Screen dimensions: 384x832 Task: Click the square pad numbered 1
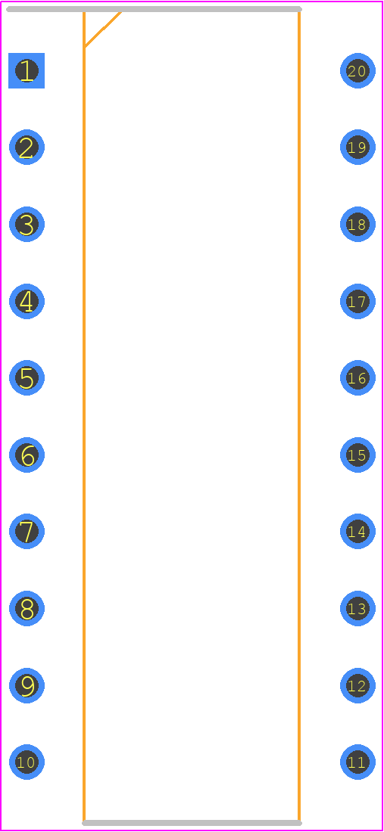(27, 70)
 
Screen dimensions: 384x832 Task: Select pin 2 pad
(27, 147)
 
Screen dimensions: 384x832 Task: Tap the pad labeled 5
(27, 377)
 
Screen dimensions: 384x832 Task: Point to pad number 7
(27, 531)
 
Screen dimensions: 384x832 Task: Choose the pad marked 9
(27, 685)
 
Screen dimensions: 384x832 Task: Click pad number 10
(27, 762)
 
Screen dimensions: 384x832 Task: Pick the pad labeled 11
(357, 762)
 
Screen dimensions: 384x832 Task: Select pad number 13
(357, 608)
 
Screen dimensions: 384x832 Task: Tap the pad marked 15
(357, 455)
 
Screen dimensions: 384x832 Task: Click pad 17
(357, 301)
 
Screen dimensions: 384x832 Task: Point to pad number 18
(357, 224)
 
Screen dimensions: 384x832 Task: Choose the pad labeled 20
(357, 70)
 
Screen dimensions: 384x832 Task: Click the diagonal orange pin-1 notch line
(103, 29)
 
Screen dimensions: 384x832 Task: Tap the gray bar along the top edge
(154, 9)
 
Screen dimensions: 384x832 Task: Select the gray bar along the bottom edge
(192, 823)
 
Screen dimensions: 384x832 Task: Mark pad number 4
(27, 301)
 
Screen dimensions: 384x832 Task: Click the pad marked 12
(357, 685)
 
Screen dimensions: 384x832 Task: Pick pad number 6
(27, 455)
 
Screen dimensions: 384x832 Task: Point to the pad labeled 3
(27, 224)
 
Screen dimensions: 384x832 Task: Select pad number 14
(357, 531)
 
